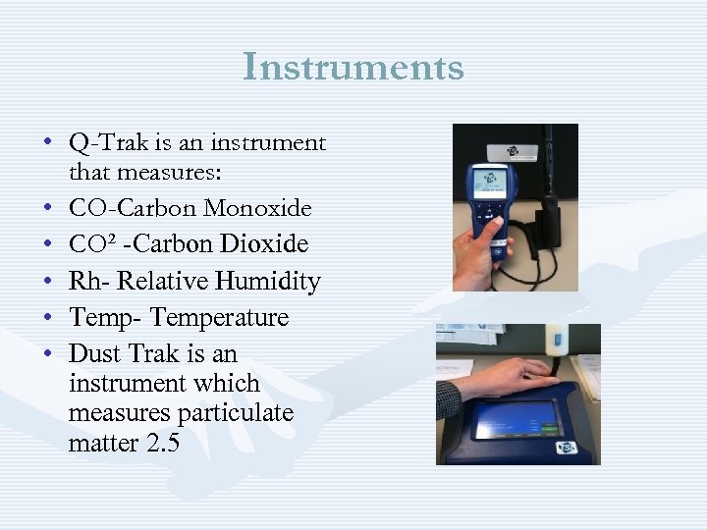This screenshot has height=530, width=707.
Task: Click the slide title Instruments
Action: tap(353, 68)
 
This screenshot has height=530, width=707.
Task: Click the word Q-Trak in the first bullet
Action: tap(102, 143)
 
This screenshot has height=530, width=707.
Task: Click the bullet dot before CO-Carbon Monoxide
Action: tap(47, 208)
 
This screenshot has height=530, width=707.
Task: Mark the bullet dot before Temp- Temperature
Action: tap(47, 318)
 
